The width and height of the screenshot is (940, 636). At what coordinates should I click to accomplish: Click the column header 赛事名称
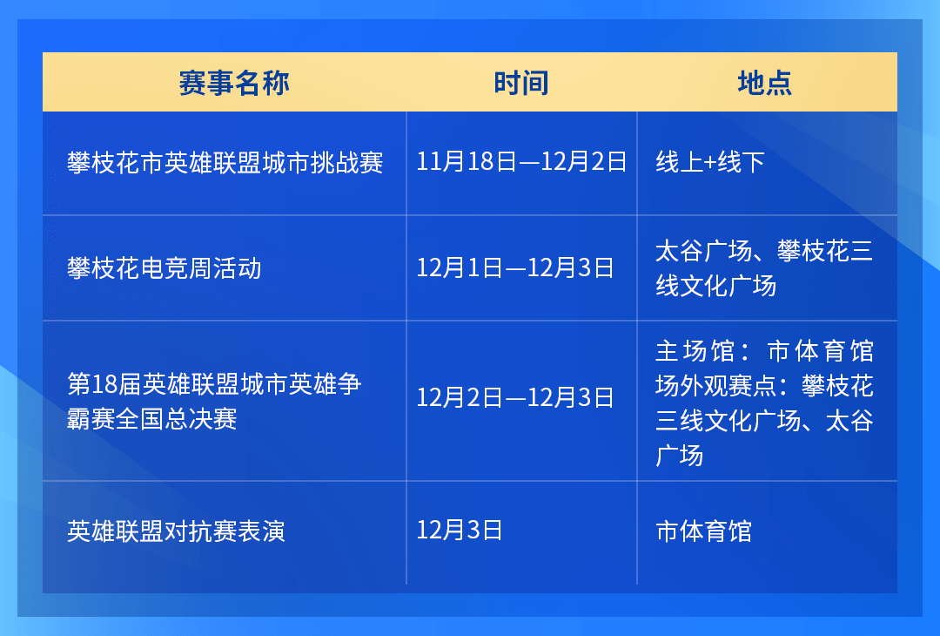point(234,83)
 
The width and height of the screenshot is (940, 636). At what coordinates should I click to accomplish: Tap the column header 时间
point(521,83)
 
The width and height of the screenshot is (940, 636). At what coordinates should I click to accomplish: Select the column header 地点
point(764,83)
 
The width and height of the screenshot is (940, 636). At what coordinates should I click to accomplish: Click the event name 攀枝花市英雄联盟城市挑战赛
point(225,163)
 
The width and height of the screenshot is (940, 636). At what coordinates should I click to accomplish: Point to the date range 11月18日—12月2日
point(521,162)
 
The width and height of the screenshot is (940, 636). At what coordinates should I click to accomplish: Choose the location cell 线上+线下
point(710,162)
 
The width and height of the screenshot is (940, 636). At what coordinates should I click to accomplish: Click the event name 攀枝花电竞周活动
point(164,268)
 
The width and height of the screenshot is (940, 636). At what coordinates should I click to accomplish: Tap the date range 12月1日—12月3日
point(515,267)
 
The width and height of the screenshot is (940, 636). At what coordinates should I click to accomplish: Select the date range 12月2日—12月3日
point(515,397)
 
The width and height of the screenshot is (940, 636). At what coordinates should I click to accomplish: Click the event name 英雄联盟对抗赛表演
point(176,531)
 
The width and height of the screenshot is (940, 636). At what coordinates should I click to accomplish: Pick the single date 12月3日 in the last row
point(460,531)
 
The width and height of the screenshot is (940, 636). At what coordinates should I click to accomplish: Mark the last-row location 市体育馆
point(704,531)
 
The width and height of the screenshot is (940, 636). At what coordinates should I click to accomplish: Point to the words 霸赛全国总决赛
point(151,419)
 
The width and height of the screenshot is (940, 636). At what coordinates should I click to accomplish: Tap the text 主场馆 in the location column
point(695,351)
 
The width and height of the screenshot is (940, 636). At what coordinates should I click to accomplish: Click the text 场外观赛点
point(715,386)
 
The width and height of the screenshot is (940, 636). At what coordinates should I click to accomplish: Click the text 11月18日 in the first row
point(466,162)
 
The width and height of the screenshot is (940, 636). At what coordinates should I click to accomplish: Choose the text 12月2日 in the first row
point(584,162)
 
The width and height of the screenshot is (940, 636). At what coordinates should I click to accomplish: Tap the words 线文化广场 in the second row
point(715,286)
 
